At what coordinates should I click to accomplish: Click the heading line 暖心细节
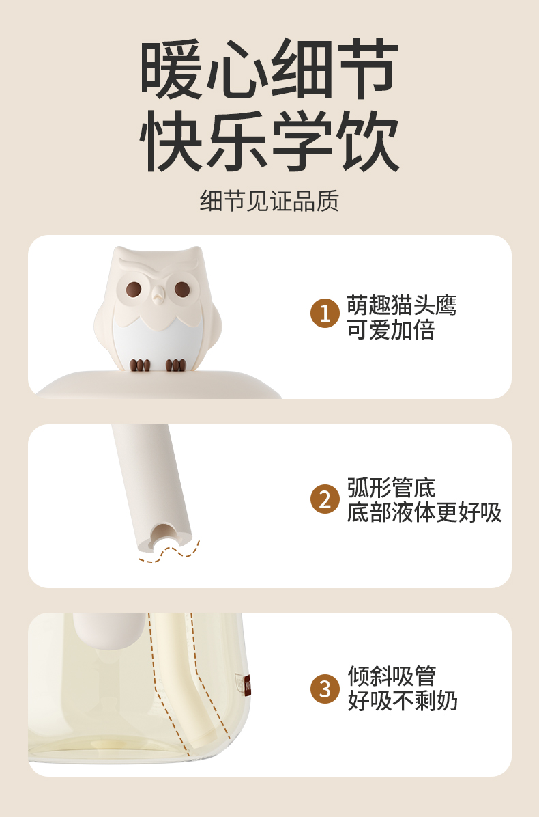[269, 69]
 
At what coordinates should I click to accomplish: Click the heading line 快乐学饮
[269, 141]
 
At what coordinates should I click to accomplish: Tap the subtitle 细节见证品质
[269, 201]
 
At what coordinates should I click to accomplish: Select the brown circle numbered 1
[325, 313]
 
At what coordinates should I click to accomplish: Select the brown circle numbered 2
[325, 499]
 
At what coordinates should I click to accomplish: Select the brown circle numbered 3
[325, 689]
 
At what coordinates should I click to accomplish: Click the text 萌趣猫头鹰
[402, 305]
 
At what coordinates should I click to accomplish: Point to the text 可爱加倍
[391, 330]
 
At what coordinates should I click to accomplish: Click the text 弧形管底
[391, 488]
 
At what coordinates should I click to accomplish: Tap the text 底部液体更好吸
[424, 512]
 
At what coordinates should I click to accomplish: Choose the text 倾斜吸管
[392, 676]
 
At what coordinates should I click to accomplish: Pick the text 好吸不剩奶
[402, 700]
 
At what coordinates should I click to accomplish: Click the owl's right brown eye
[182, 289]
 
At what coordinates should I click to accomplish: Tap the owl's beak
[158, 298]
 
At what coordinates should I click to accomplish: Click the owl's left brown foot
[140, 365]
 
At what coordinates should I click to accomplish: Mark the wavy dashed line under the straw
[169, 553]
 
